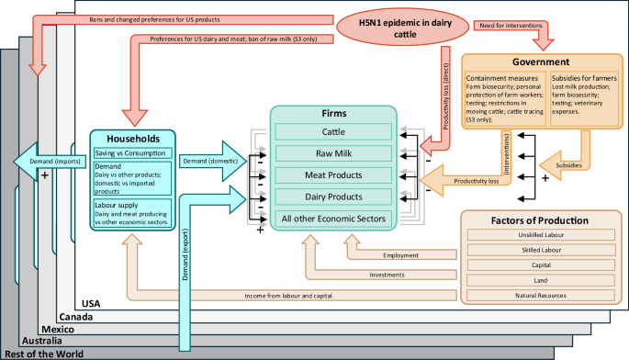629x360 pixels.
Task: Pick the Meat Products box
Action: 333,175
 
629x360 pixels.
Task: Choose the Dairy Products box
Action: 333,197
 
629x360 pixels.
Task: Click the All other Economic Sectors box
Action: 333,218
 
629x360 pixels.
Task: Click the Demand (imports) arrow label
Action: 50,160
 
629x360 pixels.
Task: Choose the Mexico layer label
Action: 59,328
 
